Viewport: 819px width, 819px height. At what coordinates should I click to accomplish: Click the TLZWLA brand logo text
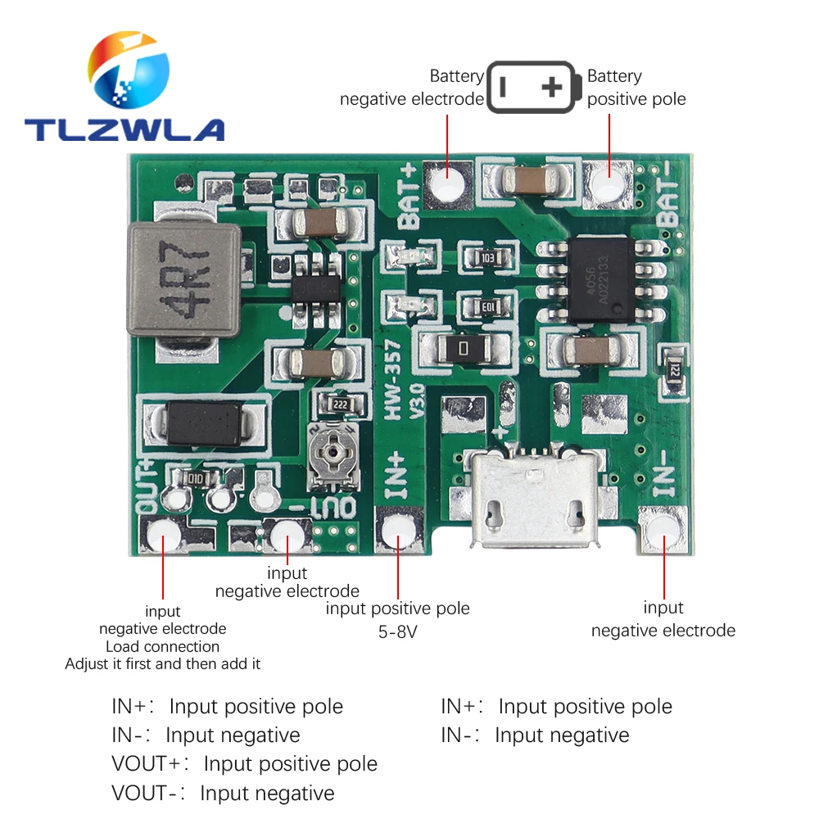pos(124,129)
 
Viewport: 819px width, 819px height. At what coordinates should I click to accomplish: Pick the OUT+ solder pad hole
pos(164,537)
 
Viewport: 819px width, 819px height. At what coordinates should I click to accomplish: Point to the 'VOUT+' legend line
pos(244,764)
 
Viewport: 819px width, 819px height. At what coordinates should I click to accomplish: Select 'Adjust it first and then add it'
pos(162,664)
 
